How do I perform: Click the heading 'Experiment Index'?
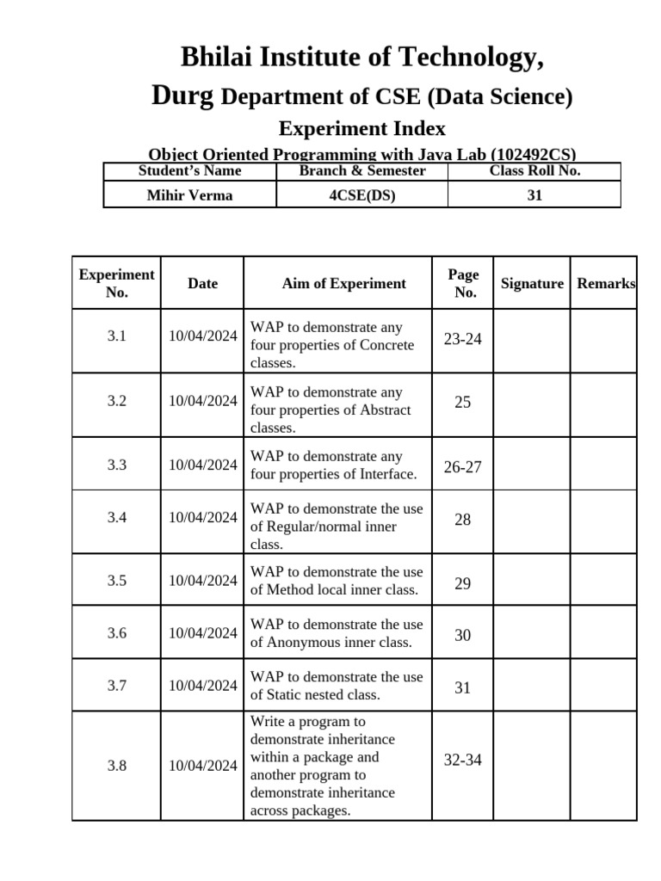pyautogui.click(x=362, y=129)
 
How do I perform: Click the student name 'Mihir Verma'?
pyautogui.click(x=189, y=195)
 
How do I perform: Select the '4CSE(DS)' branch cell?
pyautogui.click(x=361, y=195)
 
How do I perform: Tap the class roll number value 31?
pyautogui.click(x=534, y=195)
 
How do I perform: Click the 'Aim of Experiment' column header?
pyautogui.click(x=343, y=283)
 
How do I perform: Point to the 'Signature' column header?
pyautogui.click(x=532, y=283)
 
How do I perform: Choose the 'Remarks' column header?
pyautogui.click(x=606, y=283)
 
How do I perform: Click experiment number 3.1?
pyautogui.click(x=117, y=336)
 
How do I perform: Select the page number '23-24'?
pyautogui.click(x=463, y=339)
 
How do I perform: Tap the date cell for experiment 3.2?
pyautogui.click(x=203, y=401)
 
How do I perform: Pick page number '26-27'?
pyautogui.click(x=463, y=467)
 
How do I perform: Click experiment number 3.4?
pyautogui.click(x=117, y=517)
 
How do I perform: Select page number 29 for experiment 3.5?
pyautogui.click(x=463, y=583)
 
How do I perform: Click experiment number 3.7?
pyautogui.click(x=117, y=686)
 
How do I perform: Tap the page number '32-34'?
pyautogui.click(x=463, y=760)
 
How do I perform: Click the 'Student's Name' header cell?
pyautogui.click(x=189, y=170)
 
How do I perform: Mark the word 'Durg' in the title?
pyautogui.click(x=182, y=96)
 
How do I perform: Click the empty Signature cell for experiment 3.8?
pyautogui.click(x=531, y=766)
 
